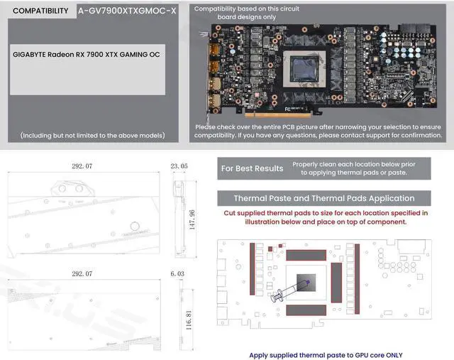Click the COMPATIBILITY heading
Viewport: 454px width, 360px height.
41,11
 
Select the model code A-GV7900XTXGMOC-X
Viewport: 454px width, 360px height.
127,11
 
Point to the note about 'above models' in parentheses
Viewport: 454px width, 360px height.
92,135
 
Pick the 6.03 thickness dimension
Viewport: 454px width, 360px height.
177,273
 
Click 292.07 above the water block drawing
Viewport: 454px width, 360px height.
82,166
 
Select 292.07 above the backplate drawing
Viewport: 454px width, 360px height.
82,273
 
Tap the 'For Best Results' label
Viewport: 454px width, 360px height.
252,168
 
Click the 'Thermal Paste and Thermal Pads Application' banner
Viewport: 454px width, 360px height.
323,198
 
